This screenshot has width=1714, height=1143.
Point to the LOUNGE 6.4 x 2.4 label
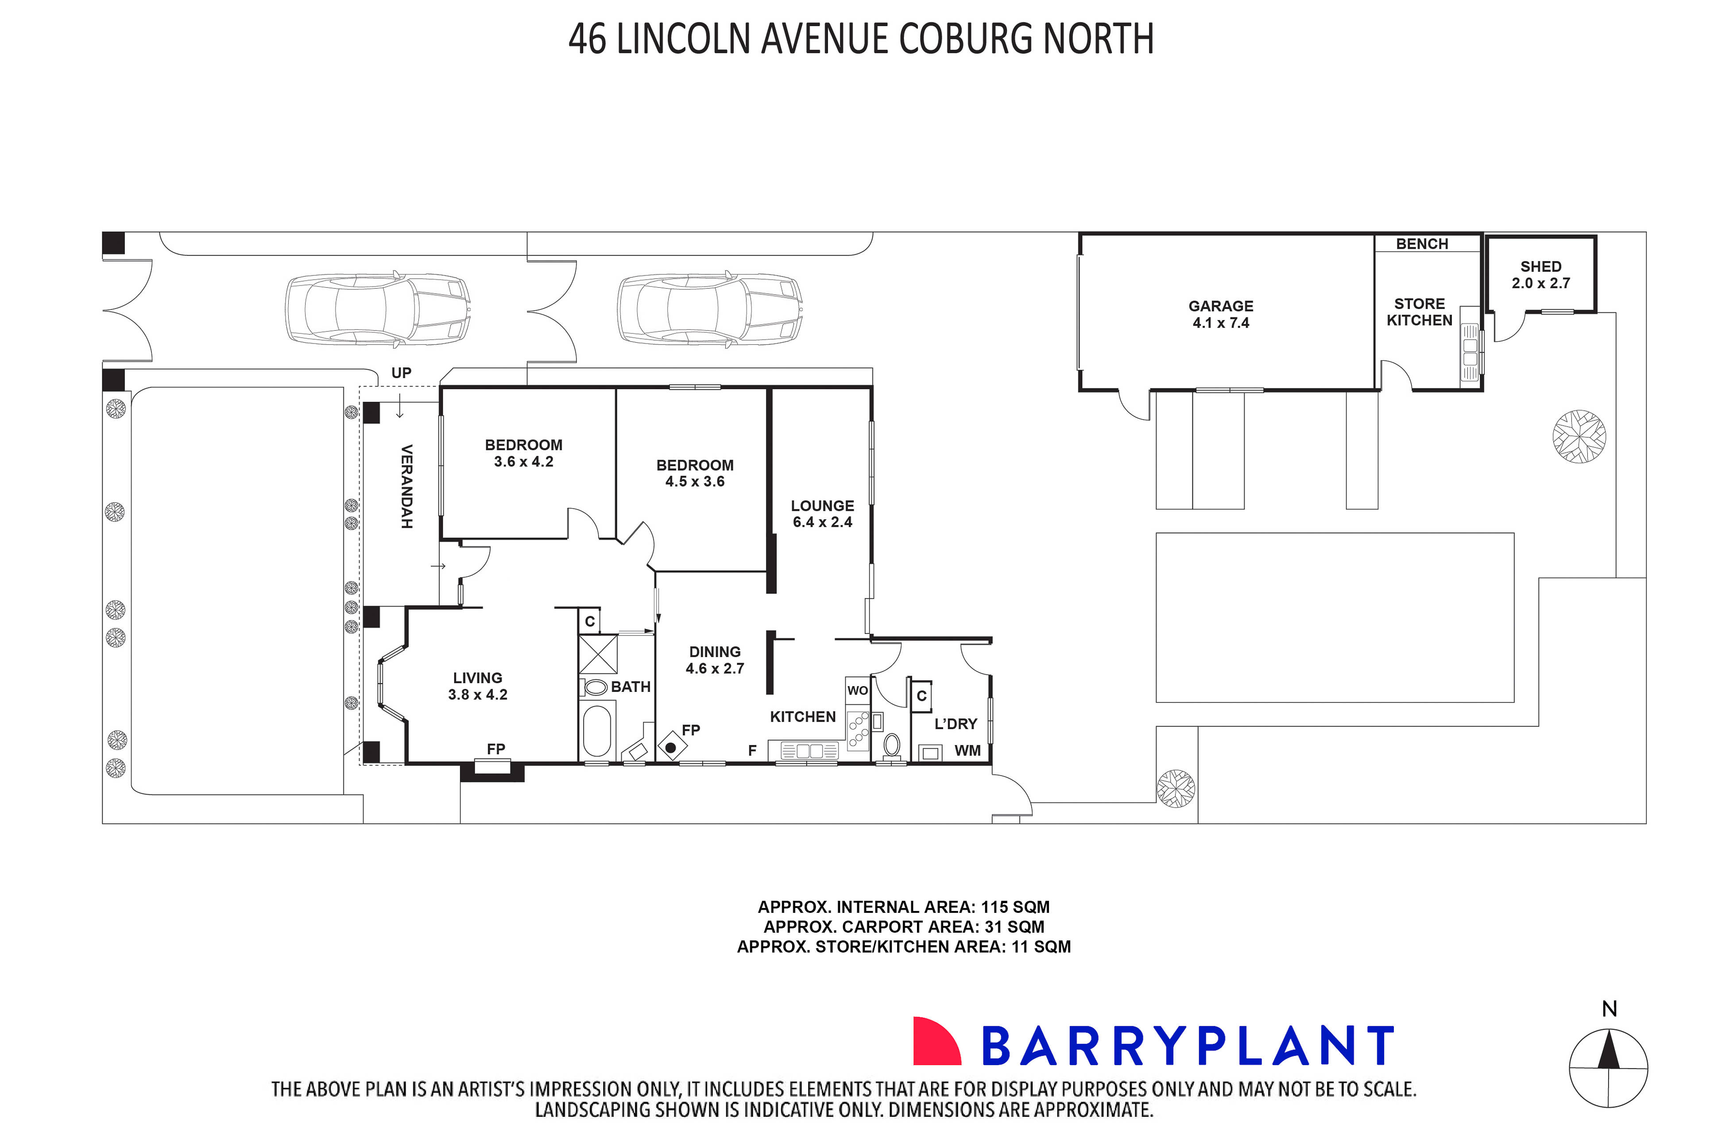point(822,513)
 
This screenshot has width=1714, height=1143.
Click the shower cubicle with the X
point(598,654)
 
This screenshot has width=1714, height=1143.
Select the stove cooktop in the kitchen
point(858,730)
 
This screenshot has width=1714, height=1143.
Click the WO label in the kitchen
point(857,690)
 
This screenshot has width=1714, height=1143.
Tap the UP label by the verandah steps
point(401,372)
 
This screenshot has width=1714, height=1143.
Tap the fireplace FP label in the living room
point(496,749)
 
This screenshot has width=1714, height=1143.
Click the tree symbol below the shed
point(1579,436)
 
